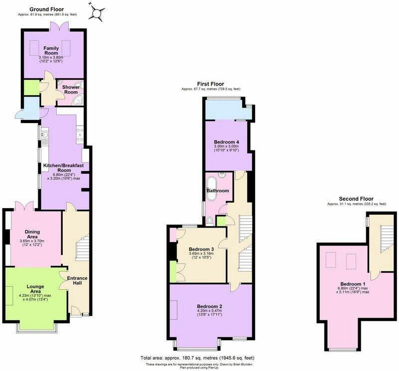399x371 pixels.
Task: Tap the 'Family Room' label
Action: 51,50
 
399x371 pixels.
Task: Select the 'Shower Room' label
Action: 70,89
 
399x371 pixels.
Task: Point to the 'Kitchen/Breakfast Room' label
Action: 64,167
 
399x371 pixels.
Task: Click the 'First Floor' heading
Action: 210,84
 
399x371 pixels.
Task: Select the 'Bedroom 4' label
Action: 227,142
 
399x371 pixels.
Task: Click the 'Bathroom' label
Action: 217,190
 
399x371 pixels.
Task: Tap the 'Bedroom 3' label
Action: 201,249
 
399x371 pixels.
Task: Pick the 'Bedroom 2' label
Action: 209,306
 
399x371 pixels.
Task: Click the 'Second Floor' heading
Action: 356,199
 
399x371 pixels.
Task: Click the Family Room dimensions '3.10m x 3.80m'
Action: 51,57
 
